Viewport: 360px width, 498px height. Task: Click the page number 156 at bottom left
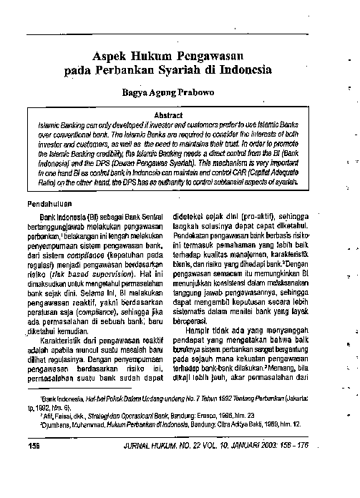click(32, 446)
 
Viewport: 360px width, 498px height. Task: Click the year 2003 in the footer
click(273, 446)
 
